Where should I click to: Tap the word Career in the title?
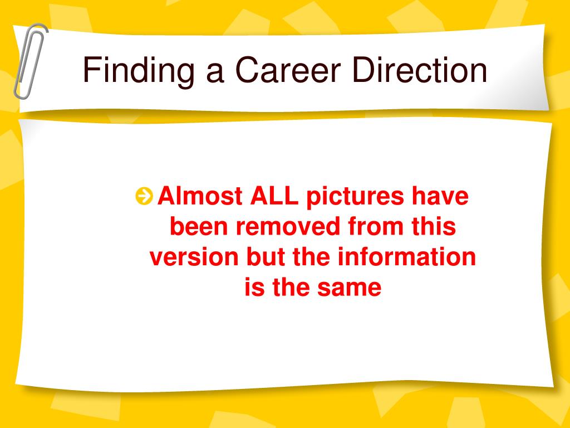(288, 70)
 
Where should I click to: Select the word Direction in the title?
(420, 70)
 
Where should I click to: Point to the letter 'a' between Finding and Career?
(215, 74)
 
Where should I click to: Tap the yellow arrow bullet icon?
(144, 196)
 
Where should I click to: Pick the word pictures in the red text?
(355, 197)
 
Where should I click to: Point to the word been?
(200, 226)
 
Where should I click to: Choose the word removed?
(288, 226)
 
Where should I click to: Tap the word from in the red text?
(376, 226)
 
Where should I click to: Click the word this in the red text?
(434, 226)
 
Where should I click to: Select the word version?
(194, 257)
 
